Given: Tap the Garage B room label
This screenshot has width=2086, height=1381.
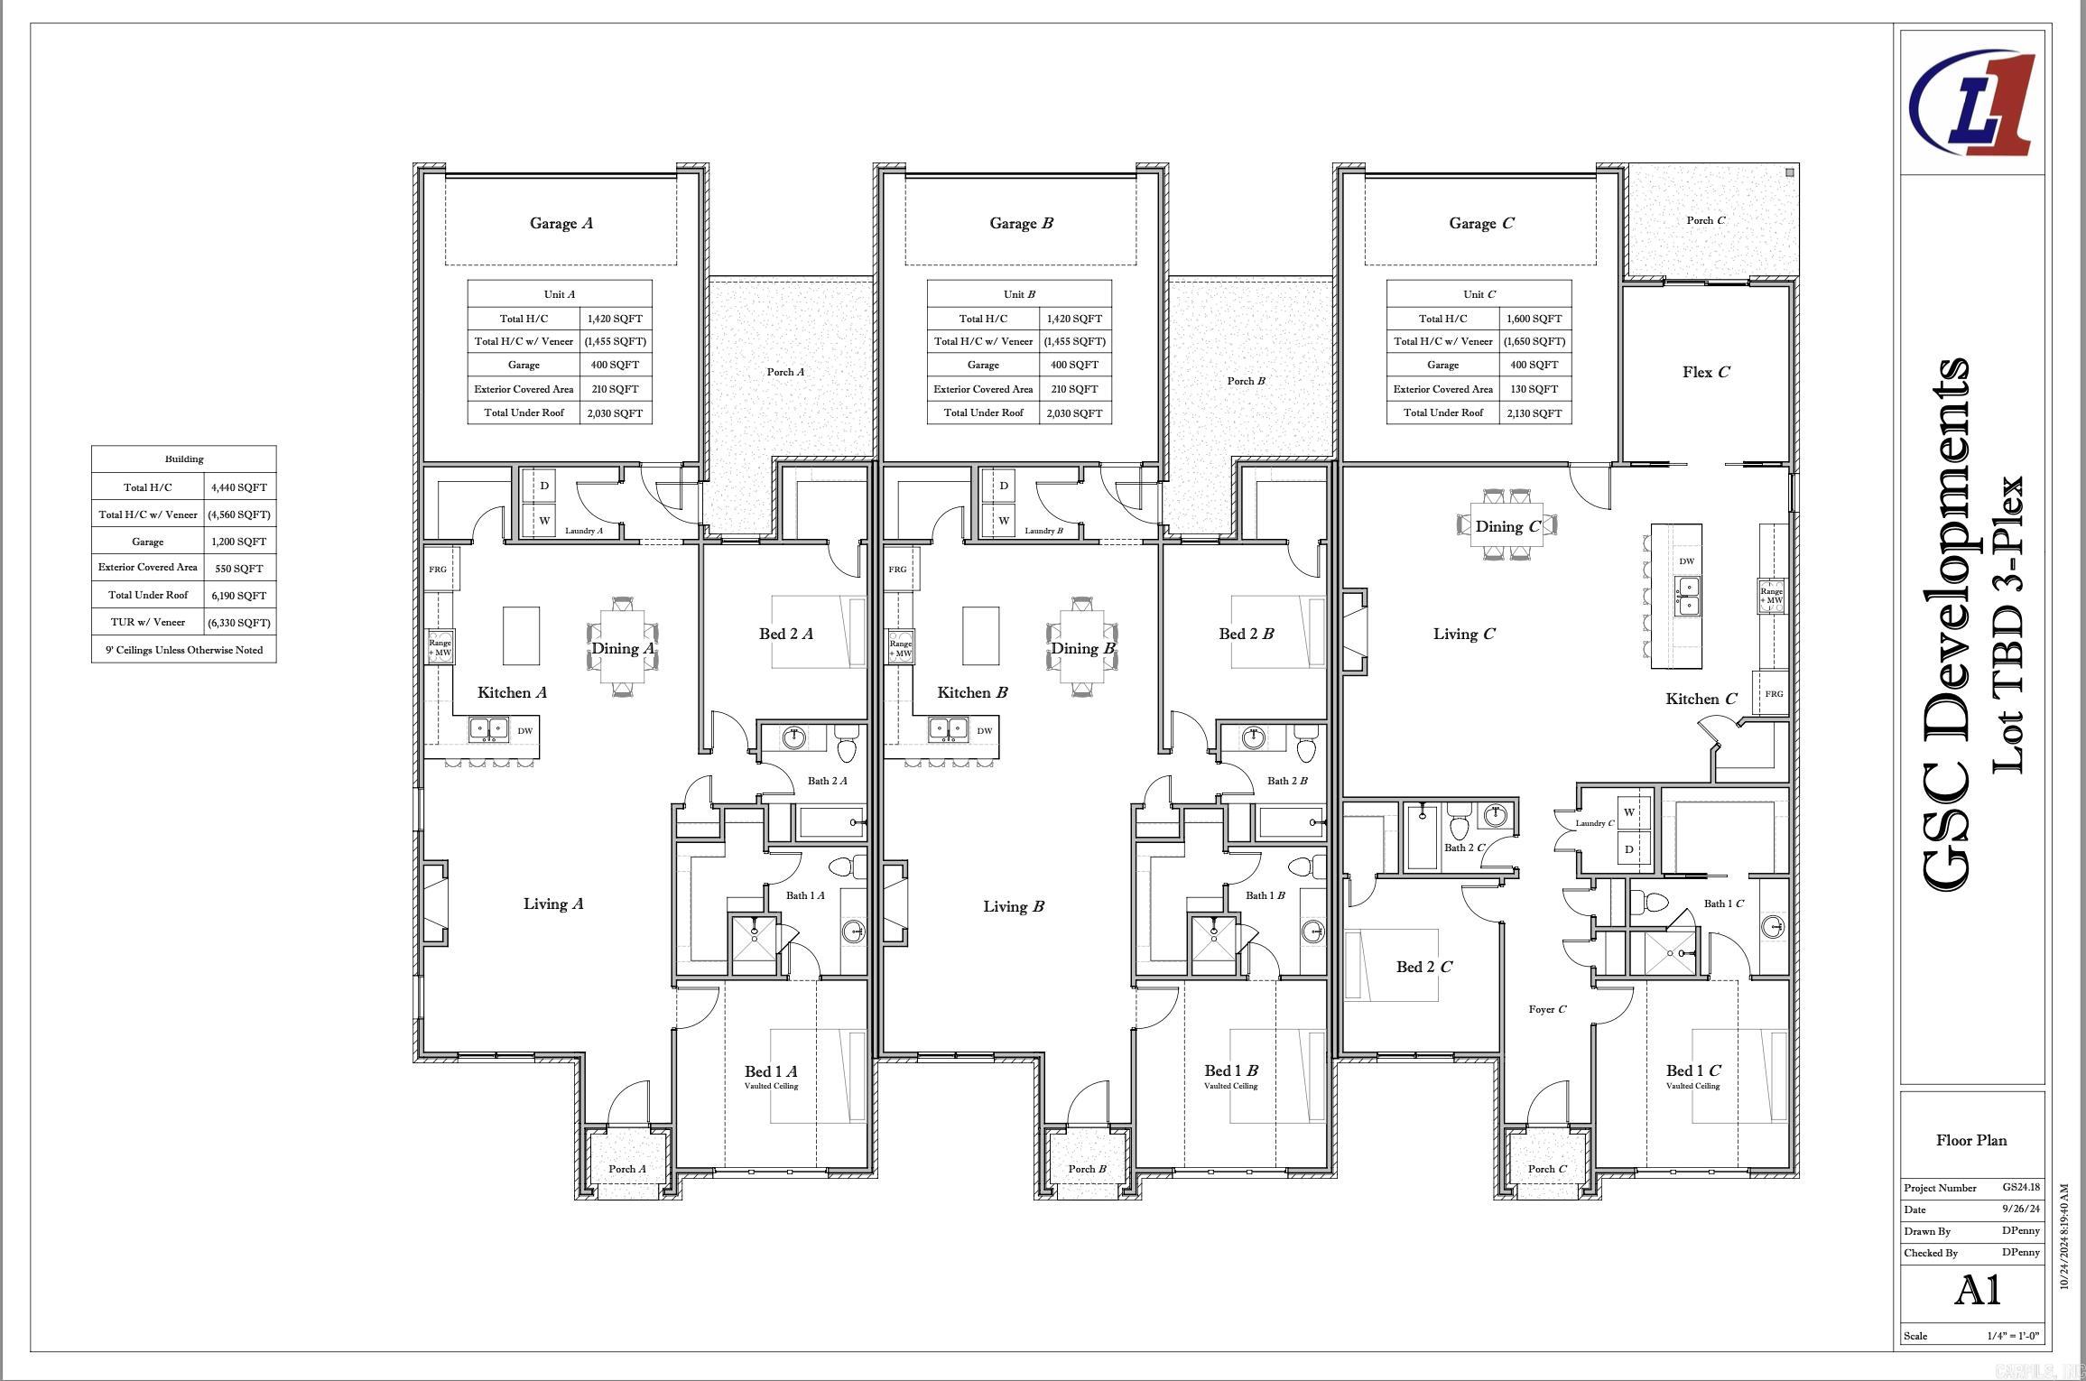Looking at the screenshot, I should [x=1021, y=223].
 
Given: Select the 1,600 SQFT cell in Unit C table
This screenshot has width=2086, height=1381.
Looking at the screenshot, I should [x=1533, y=319].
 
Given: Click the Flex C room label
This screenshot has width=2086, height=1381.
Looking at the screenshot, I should [x=1705, y=372].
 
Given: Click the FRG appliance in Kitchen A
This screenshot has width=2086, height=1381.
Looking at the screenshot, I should [x=438, y=570].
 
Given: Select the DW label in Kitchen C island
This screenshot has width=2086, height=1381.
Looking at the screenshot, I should [x=1686, y=561].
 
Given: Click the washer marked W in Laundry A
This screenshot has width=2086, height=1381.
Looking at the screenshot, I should [x=544, y=521].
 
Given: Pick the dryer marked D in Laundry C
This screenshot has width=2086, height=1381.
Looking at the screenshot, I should [x=1629, y=849].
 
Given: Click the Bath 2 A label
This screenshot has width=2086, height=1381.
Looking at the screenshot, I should [x=827, y=781].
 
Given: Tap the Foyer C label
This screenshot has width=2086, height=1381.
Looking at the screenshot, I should [x=1547, y=1009].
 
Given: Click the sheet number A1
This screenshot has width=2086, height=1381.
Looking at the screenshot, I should [x=1977, y=1291].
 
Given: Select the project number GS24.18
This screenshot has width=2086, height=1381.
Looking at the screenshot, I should [x=2020, y=1188].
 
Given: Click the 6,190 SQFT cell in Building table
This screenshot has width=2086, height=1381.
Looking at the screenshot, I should [x=239, y=596].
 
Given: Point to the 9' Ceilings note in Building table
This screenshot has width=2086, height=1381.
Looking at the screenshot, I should [x=184, y=650].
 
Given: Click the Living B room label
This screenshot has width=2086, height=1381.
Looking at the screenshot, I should [x=1013, y=906].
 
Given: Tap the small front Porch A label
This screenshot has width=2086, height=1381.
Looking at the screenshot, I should [x=626, y=1169].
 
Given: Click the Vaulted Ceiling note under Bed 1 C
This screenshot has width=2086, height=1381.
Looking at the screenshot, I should [x=1692, y=1086].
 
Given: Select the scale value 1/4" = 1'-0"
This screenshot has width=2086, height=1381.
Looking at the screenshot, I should [x=2012, y=1336].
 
